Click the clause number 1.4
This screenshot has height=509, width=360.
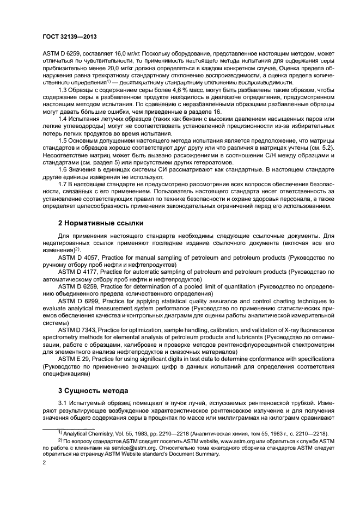(63, 118)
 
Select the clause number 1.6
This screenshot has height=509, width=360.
(63, 168)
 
